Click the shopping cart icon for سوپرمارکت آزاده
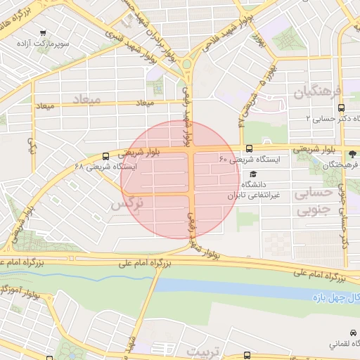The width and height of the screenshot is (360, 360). coord(44,32)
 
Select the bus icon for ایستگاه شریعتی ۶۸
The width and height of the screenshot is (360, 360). coord(105,156)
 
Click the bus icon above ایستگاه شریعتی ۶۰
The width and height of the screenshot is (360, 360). coord(249,148)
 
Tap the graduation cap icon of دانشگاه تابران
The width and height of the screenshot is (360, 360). coord(253,174)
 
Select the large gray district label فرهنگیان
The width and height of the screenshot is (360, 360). coord(317,91)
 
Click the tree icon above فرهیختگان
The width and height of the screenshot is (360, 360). coord(351,153)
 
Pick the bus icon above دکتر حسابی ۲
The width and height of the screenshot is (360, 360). coord(341,108)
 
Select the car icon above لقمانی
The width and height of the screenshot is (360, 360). coord(352,333)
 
